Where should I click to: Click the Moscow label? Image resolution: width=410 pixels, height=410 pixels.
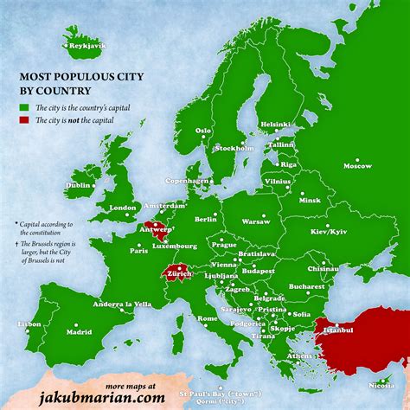pyautogui.click(x=356, y=165)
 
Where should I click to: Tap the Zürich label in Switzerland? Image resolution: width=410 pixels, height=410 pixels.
pyautogui.click(x=179, y=272)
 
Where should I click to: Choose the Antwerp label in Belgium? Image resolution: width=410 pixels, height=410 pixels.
pyautogui.click(x=156, y=231)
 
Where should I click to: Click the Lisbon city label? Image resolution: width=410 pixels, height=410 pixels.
pyautogui.click(x=29, y=324)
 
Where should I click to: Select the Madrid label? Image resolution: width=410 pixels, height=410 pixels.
pyautogui.click(x=79, y=331)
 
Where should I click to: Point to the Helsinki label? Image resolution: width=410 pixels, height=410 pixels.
pyautogui.click(x=275, y=124)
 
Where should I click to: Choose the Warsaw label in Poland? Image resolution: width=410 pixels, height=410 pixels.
pyautogui.click(x=255, y=221)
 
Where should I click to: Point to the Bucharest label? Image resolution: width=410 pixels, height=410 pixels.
pyautogui.click(x=306, y=285)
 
